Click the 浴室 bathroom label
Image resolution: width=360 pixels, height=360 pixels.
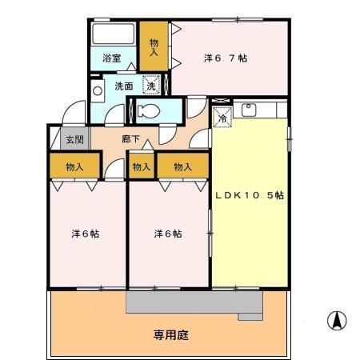pos(112,58)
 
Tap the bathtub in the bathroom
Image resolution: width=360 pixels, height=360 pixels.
pos(113,35)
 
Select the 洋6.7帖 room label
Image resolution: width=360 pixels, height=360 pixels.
pos(225,58)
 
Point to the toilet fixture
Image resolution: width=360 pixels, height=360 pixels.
pos(147,111)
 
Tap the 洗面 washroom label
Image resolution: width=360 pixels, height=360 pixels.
pos(123,86)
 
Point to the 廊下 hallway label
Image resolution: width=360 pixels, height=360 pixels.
pos(131,139)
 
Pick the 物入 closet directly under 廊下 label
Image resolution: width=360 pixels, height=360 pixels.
pos(141,167)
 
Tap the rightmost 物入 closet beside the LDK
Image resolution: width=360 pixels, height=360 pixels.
pos(182,167)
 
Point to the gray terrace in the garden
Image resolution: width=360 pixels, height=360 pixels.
pos(194,302)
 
